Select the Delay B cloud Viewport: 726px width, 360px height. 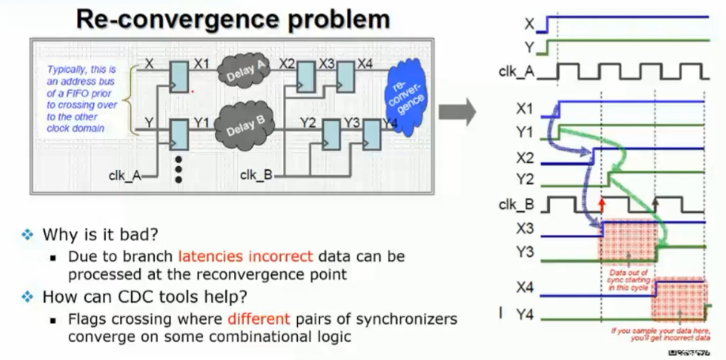click(243, 127)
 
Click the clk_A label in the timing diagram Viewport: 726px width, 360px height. click(519, 72)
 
